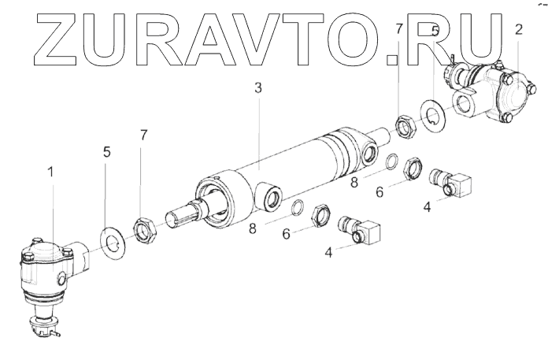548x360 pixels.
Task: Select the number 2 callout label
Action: (x=518, y=30)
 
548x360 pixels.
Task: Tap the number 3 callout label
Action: (x=257, y=88)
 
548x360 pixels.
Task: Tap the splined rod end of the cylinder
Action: (x=184, y=213)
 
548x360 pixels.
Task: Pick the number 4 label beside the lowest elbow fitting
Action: (x=329, y=254)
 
